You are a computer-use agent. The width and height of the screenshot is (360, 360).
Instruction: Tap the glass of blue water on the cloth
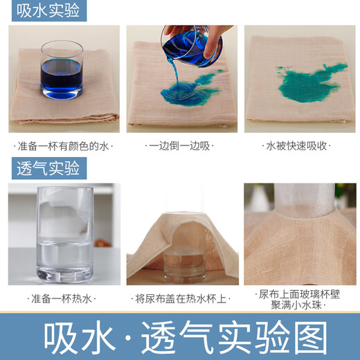click(x=61, y=69)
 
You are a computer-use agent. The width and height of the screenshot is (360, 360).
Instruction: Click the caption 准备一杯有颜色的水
click(x=63, y=146)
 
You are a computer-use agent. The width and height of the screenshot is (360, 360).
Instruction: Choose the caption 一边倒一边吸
click(x=179, y=146)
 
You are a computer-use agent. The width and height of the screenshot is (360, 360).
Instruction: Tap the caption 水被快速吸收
click(x=298, y=146)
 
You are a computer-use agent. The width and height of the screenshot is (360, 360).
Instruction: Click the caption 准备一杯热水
click(x=63, y=298)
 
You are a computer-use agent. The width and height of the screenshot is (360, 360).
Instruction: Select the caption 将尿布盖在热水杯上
click(x=181, y=298)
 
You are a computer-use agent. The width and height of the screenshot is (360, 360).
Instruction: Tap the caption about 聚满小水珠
click(x=299, y=305)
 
